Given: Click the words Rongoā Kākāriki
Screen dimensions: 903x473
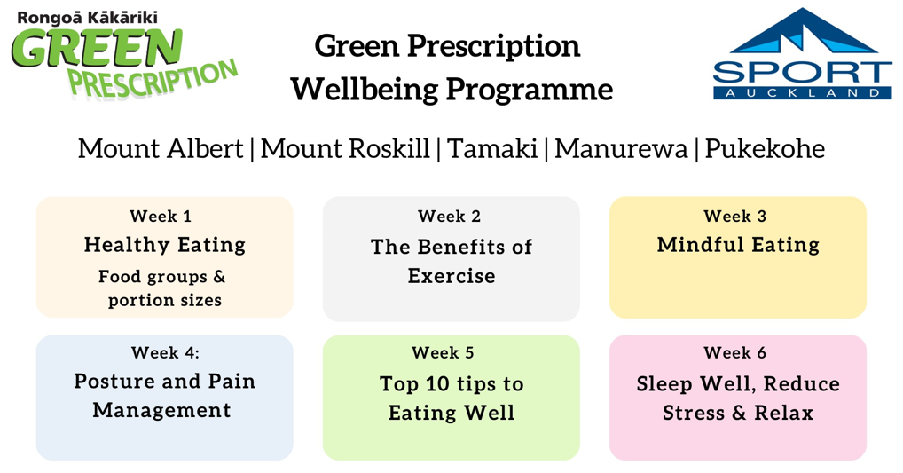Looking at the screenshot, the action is (87, 17).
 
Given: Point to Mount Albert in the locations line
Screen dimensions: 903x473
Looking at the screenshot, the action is (161, 148).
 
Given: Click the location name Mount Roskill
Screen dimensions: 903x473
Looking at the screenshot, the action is (345, 148).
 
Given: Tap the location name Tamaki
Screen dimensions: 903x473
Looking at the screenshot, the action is (491, 148).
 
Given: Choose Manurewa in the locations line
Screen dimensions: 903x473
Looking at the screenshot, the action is (621, 148).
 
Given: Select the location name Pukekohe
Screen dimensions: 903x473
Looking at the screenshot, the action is (765, 148).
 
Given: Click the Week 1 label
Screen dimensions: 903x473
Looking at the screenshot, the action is (161, 216).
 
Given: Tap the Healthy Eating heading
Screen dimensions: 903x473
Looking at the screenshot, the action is (165, 245).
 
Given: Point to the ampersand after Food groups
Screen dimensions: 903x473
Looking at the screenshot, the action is (219, 277).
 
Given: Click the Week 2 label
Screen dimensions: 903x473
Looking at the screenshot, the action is (449, 216).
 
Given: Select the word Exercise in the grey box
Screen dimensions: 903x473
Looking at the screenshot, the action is (451, 276).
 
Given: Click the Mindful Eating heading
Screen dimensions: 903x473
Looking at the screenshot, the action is (738, 245).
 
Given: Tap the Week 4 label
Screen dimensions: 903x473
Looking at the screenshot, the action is (165, 352).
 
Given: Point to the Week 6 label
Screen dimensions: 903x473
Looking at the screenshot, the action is (734, 352).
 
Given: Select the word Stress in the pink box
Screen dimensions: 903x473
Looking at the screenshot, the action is (694, 413).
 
